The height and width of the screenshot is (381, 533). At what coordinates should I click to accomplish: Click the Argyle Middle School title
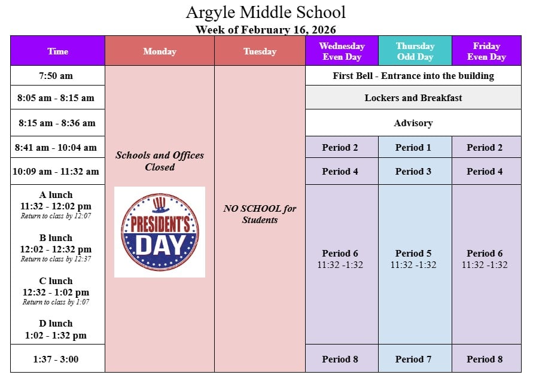click(266, 13)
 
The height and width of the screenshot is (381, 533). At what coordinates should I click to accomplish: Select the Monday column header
click(160, 51)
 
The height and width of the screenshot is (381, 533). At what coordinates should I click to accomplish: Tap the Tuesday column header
click(260, 51)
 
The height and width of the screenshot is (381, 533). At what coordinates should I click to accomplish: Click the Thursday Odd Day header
click(415, 51)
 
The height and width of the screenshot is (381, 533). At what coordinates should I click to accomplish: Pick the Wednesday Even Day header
click(342, 51)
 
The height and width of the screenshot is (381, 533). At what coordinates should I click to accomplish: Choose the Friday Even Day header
click(486, 51)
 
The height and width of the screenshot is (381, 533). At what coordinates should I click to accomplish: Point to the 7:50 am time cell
click(56, 75)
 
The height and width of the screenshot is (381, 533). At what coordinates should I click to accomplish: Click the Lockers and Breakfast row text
click(413, 98)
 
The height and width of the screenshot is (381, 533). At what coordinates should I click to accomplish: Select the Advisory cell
click(413, 123)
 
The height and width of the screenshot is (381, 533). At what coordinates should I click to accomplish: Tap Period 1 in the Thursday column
click(413, 148)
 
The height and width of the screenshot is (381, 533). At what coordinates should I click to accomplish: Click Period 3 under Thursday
click(413, 171)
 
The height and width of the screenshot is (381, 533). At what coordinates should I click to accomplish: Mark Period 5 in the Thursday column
click(413, 253)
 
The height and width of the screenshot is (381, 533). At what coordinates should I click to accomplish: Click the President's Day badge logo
click(160, 232)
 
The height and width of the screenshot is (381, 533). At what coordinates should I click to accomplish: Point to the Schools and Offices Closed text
click(160, 161)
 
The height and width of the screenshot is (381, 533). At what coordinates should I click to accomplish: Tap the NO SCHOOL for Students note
click(260, 214)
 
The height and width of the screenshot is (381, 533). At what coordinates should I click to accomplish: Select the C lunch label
click(56, 281)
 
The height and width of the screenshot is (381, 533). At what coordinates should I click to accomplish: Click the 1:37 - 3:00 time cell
click(56, 358)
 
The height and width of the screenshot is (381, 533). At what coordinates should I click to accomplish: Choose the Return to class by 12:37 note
click(56, 259)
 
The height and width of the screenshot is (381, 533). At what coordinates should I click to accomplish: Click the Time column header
click(58, 51)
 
